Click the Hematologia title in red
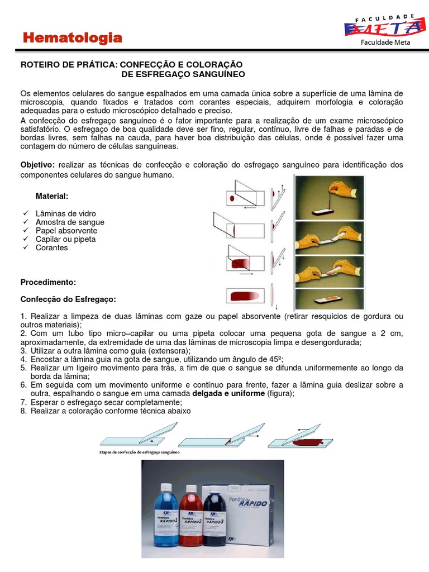pyautogui.click(x=72, y=38)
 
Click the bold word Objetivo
pyautogui.click(x=37, y=165)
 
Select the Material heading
pyautogui.click(x=52, y=196)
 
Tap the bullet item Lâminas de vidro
pyautogui.click(x=65, y=213)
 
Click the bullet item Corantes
pyautogui.click(x=51, y=247)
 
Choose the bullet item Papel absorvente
pyautogui.click(x=66, y=231)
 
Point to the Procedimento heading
pyautogui.click(x=48, y=282)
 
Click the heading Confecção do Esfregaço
pyautogui.click(x=68, y=299)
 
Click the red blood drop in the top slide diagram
pyautogui.click(x=232, y=198)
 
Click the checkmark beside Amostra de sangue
pyautogui.click(x=24, y=222)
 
